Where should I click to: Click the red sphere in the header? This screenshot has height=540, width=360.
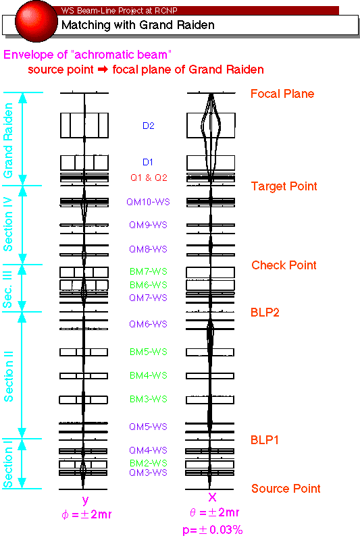36,22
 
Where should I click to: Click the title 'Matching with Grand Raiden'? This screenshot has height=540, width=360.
138,25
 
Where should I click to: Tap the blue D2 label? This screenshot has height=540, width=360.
149,126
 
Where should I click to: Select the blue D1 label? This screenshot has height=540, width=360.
148,162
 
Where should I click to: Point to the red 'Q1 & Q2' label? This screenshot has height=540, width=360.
149,178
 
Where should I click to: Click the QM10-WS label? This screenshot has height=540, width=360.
148,202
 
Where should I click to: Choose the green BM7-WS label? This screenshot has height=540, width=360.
149,271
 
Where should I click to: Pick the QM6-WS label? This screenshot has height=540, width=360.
148,324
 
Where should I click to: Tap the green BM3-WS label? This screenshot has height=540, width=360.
149,399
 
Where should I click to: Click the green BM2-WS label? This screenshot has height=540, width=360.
149,463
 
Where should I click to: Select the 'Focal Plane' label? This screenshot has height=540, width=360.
282,94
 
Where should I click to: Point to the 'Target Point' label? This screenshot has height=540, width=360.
284,186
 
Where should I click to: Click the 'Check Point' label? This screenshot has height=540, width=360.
284,265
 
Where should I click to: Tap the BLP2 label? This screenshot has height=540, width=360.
265,313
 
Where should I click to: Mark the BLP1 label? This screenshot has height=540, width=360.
265,440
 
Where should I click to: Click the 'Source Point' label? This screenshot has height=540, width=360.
286,488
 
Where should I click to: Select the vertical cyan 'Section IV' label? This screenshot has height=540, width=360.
8,224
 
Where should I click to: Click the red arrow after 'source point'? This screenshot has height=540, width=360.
103,70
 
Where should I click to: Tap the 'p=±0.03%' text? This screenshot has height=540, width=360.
213,530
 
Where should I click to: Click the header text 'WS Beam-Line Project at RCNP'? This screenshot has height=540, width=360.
119,11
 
